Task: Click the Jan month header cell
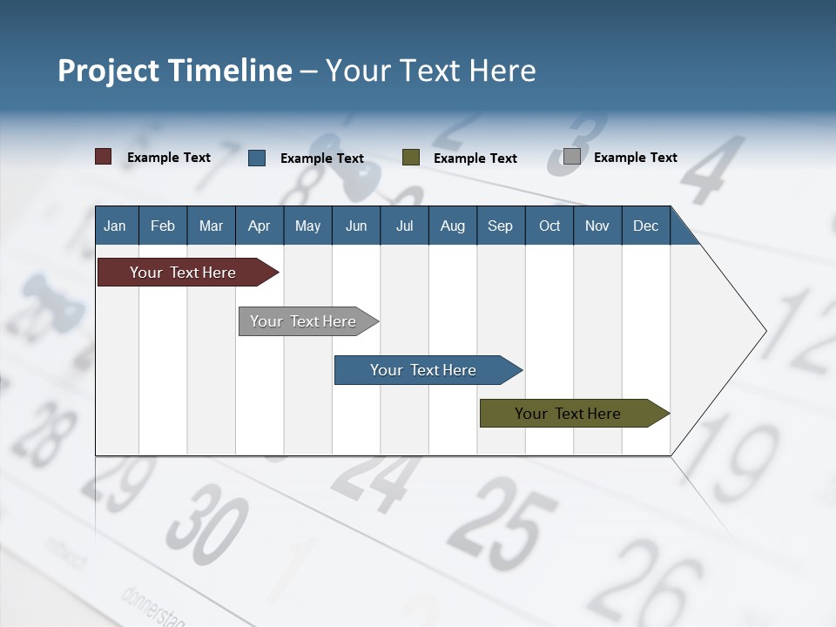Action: [116, 226]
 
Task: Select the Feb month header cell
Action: [163, 226]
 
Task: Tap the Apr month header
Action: [260, 226]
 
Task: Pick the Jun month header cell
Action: [356, 226]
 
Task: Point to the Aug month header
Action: [453, 226]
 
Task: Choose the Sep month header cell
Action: [501, 226]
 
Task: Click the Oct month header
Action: [549, 226]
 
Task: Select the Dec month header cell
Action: [646, 226]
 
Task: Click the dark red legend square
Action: [104, 157]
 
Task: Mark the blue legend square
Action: [257, 158]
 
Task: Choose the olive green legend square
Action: [411, 158]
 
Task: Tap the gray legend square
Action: [572, 157]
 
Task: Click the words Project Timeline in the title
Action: [174, 71]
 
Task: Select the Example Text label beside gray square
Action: [635, 158]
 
